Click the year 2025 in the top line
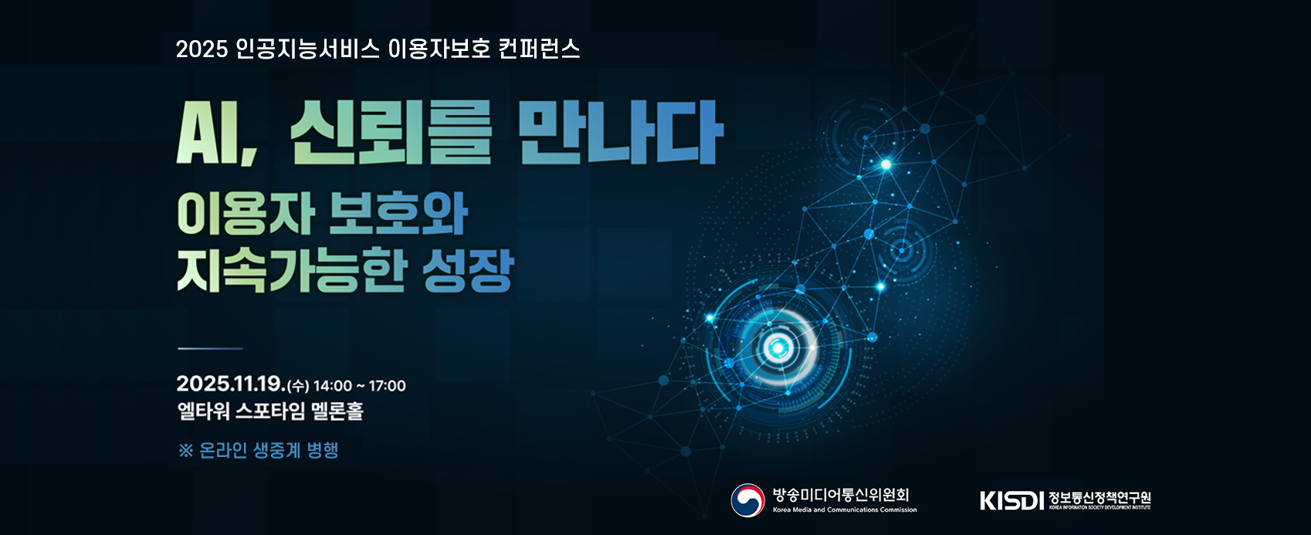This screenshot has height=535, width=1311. point(202,49)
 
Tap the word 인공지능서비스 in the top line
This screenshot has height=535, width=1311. point(307,49)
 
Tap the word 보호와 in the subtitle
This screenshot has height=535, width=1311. point(398,214)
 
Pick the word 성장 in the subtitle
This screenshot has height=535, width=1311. point(468,270)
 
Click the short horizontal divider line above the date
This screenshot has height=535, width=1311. point(210,349)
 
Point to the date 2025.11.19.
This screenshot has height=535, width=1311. point(230,384)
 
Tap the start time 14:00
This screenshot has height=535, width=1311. point(332,386)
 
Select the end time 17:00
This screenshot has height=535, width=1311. point(387,386)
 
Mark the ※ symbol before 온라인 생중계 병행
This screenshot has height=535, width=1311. point(185,451)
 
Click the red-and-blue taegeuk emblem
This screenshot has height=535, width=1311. point(747,500)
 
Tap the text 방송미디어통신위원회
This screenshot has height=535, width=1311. point(841,495)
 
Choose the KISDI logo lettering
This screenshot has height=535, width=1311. point(1011,501)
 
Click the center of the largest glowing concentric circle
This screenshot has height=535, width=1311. point(777,348)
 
